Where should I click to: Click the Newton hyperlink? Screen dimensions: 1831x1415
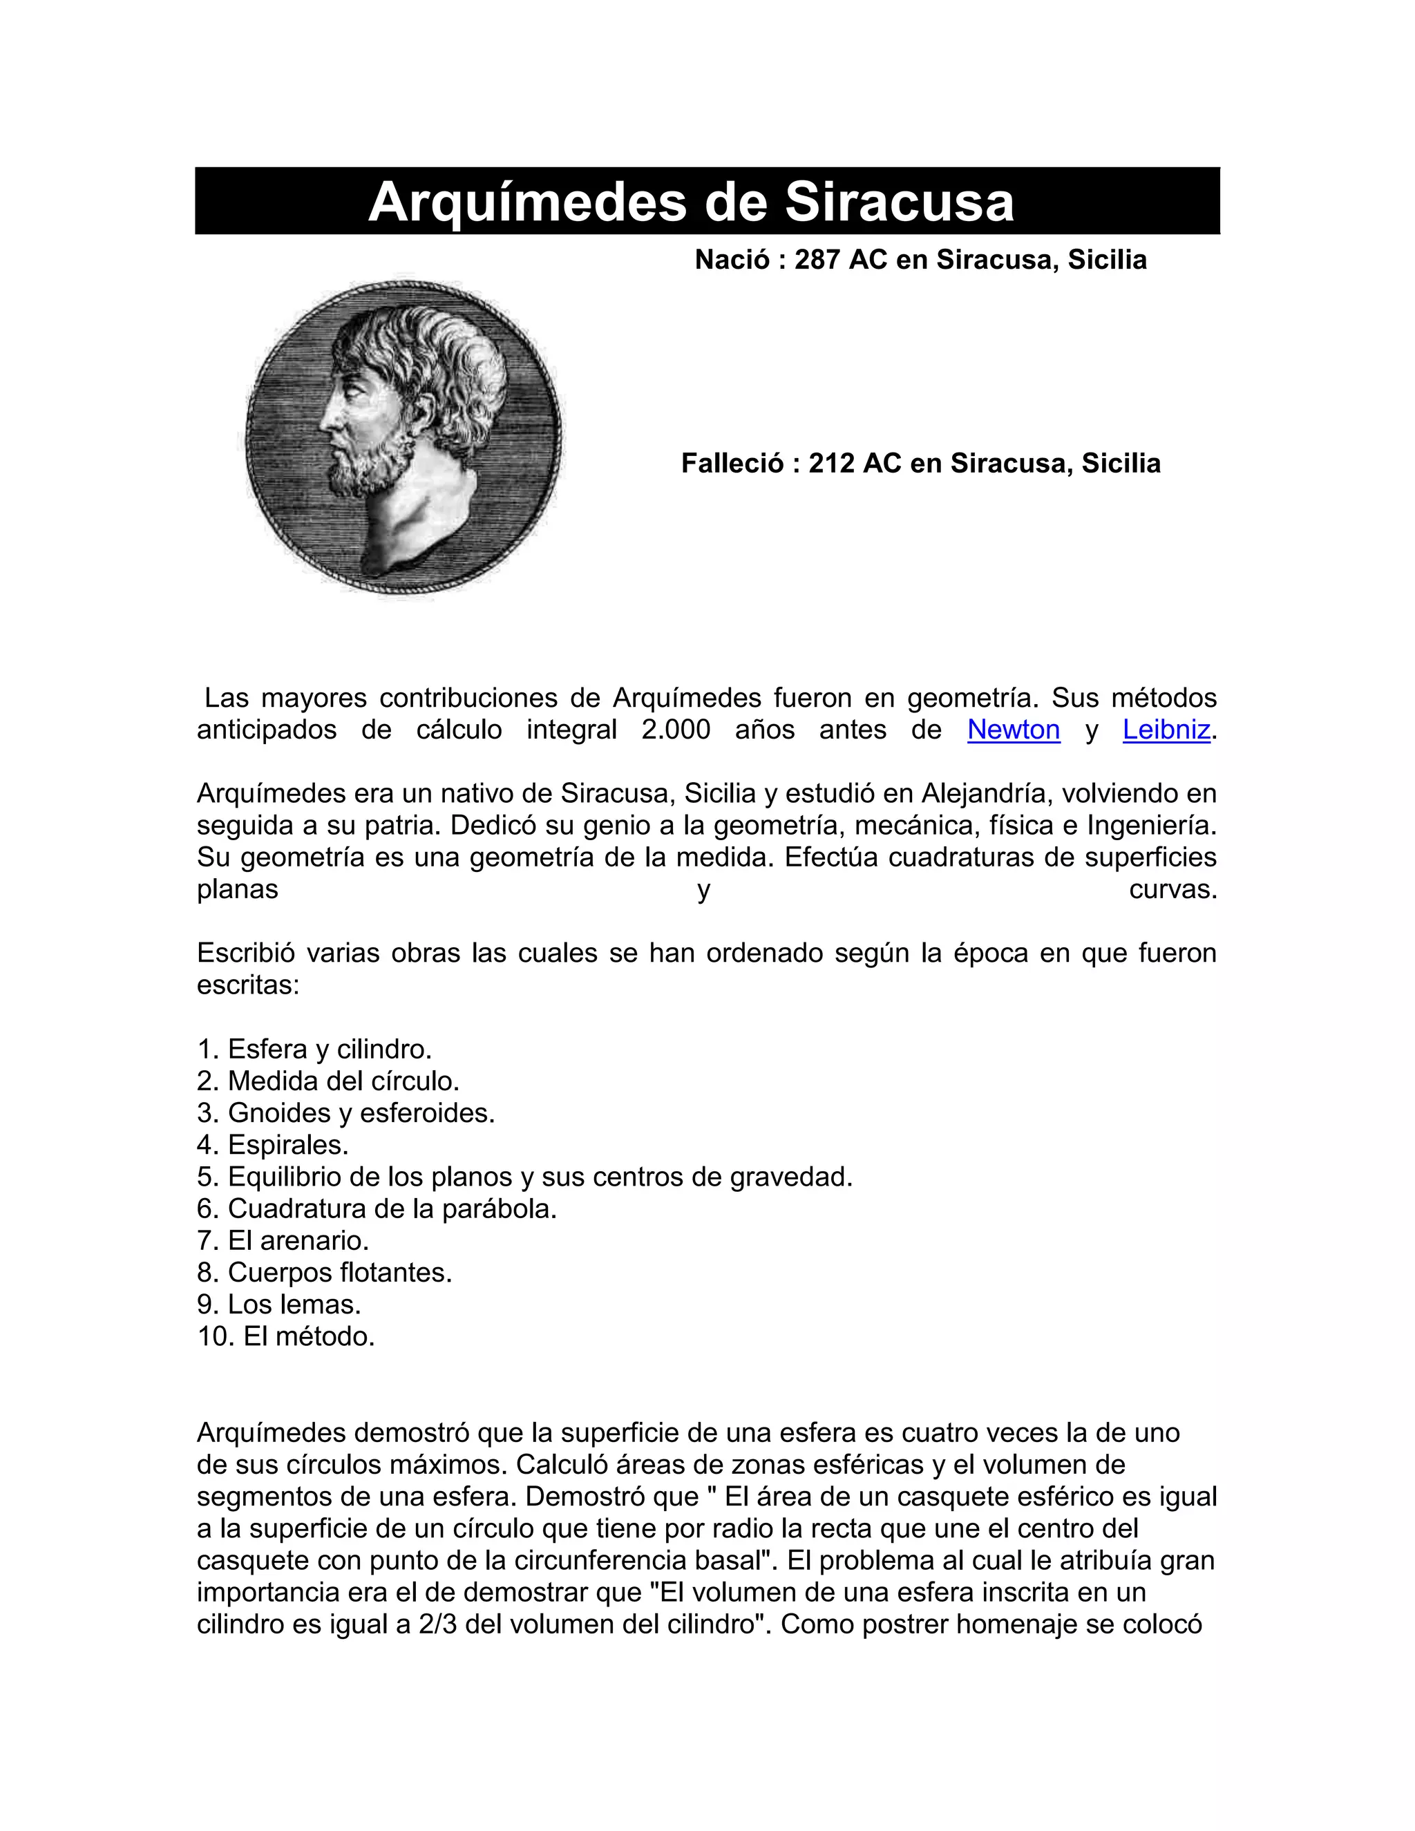click(x=1013, y=730)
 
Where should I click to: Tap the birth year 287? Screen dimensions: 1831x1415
click(x=817, y=260)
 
